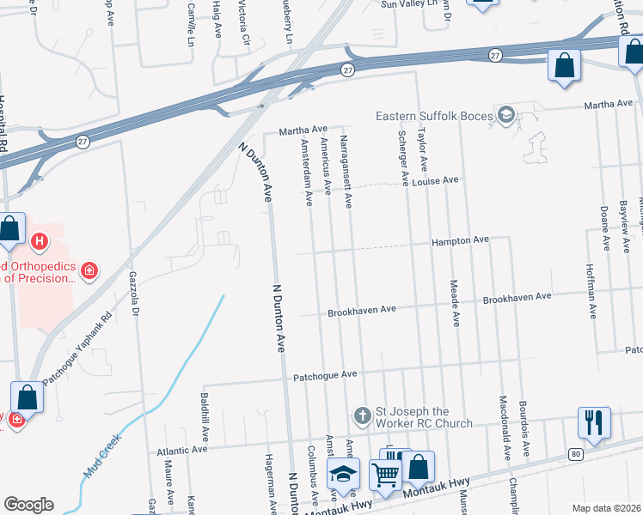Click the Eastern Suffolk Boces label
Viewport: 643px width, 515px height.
(434, 116)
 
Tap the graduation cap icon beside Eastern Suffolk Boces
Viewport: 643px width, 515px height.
(507, 115)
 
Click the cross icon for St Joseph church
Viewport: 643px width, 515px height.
(363, 416)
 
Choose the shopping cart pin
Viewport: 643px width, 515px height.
(386, 474)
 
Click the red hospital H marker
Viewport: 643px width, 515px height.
(39, 242)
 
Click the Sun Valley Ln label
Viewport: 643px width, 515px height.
(416, 4)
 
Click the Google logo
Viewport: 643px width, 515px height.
(28, 505)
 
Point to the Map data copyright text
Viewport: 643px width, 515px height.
(605, 508)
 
